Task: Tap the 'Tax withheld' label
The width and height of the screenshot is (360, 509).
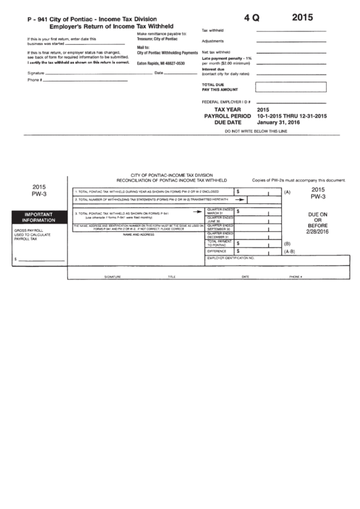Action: [213, 31]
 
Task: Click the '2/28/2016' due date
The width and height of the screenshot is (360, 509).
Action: [318, 231]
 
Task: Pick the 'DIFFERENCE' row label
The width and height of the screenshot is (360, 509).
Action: [217, 251]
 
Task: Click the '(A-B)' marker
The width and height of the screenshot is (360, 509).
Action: [289, 251]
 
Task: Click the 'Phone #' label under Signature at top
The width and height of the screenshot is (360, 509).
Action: [35, 80]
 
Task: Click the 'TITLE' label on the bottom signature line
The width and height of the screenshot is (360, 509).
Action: [172, 277]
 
